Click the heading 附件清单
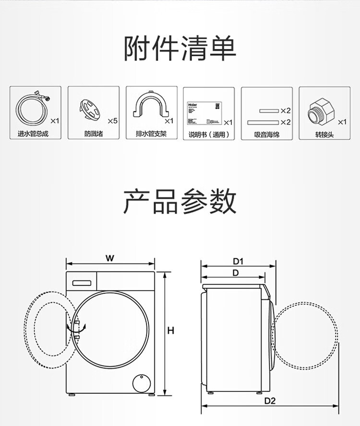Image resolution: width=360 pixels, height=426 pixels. (180, 49)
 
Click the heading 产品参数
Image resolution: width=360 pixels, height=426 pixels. (180, 201)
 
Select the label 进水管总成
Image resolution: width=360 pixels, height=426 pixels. (33, 134)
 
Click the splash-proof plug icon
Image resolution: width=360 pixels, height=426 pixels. (90, 110)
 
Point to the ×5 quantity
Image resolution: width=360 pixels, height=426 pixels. (112, 121)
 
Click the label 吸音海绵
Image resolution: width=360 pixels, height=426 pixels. (267, 134)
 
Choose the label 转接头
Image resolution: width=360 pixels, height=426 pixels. (324, 134)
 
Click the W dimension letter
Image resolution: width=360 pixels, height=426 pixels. (110, 258)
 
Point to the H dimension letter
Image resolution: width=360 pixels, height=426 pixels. (170, 331)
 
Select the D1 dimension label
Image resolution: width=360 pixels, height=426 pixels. (238, 261)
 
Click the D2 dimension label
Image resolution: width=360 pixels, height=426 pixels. (270, 401)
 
